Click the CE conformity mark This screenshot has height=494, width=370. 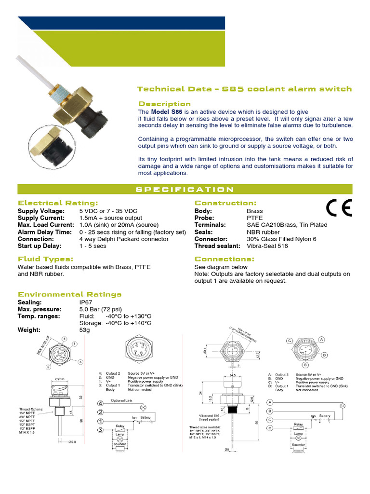pos(339,207)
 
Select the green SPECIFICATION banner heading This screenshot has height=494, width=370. pos(185,190)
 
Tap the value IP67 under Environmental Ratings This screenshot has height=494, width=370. pos(86,302)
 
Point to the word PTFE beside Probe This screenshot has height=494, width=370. pos(254,218)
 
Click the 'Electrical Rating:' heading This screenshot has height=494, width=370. pos(58,203)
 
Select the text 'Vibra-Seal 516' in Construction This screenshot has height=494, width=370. pos(267,246)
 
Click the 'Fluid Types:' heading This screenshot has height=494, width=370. pos(45,259)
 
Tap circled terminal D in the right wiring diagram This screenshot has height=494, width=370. pos(270,428)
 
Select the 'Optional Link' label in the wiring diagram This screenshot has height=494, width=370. pos(121,401)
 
